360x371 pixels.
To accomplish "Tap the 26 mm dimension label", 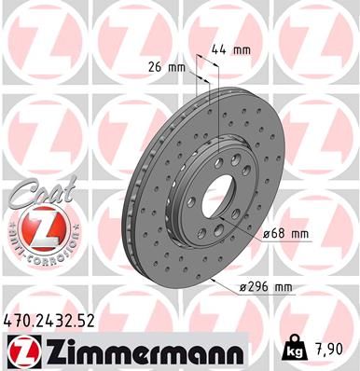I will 168,67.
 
